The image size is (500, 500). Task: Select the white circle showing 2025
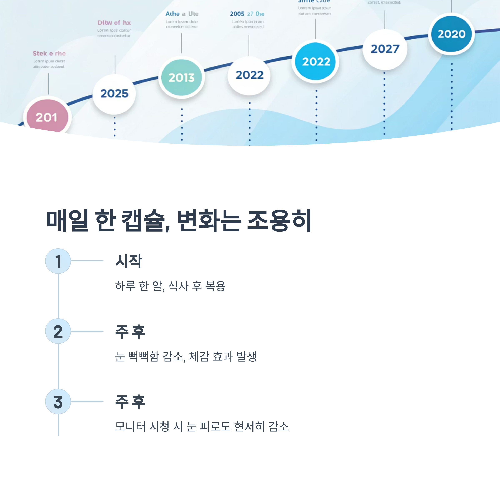[x=114, y=94]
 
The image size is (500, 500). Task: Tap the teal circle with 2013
[x=181, y=77]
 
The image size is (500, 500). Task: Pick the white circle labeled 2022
[x=249, y=75]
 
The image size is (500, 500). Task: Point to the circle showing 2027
[x=385, y=49]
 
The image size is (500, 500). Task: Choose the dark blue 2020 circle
[x=451, y=34]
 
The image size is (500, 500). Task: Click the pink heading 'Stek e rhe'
[x=49, y=54]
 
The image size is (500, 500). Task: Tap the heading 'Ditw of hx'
[x=114, y=23]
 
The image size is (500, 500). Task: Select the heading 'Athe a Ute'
[x=182, y=14]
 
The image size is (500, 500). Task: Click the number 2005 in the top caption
[x=237, y=14]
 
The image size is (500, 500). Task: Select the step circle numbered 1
[x=58, y=261]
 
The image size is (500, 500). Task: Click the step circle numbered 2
[x=58, y=331]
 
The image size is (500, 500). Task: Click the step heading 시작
[x=129, y=261]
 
